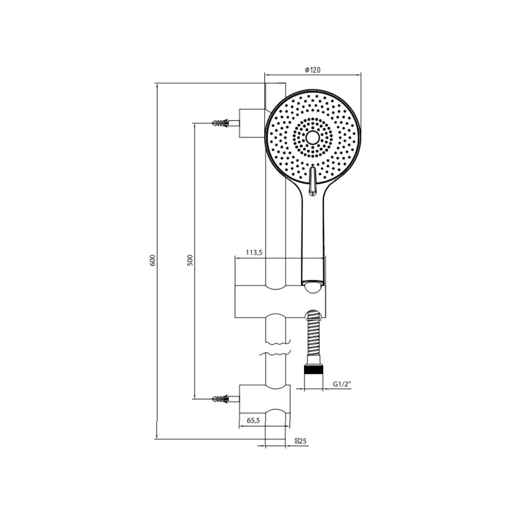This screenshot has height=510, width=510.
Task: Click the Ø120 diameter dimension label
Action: click(312, 70)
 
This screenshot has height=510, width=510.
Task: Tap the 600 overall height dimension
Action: click(153, 261)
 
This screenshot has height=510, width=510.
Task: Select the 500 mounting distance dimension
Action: click(190, 260)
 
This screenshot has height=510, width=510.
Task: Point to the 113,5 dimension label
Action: click(253, 252)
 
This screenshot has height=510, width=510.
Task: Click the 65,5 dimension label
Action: click(253, 420)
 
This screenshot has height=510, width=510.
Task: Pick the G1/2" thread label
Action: click(342, 384)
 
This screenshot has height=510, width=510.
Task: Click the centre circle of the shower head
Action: click(313, 138)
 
